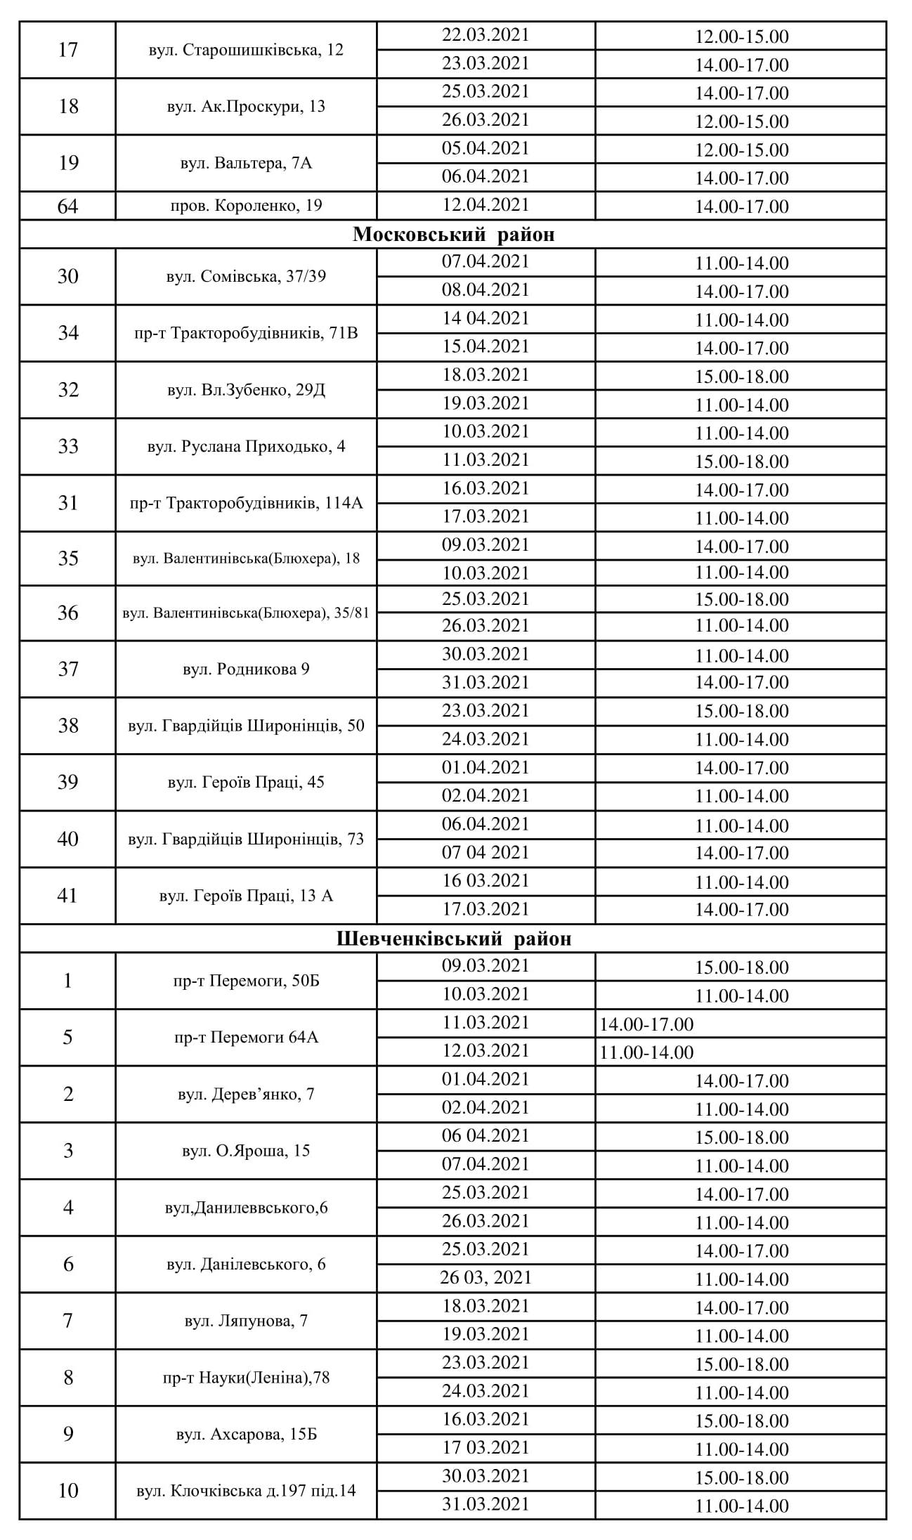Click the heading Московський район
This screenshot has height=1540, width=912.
coord(453,234)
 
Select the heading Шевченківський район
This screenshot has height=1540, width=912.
coord(453,939)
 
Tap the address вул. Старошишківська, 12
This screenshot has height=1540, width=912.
coord(246,50)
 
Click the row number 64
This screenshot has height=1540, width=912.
coord(67,207)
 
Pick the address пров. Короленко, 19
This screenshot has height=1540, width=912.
coord(246,206)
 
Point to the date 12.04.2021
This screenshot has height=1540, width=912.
coord(485,205)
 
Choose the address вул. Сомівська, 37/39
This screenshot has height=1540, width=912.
coord(246,276)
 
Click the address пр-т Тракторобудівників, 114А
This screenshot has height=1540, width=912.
coord(246,503)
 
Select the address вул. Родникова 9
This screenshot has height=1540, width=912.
coord(246,669)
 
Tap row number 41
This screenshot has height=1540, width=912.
coord(67,896)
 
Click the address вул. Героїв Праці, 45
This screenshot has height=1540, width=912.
coord(246,782)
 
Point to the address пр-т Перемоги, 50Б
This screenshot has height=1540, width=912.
coord(246,981)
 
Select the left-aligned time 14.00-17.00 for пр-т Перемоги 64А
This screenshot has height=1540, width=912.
coord(646,1024)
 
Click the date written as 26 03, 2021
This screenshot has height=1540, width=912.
coord(485,1277)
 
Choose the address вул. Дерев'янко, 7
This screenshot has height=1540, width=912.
coord(246,1094)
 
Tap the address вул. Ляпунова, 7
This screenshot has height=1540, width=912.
coord(246,1321)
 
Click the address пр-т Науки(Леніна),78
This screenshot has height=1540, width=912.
coord(246,1378)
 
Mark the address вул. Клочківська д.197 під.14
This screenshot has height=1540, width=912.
coord(246,1491)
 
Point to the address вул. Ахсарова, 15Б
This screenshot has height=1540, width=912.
coord(246,1434)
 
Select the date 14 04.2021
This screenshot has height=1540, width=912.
coord(485,318)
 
